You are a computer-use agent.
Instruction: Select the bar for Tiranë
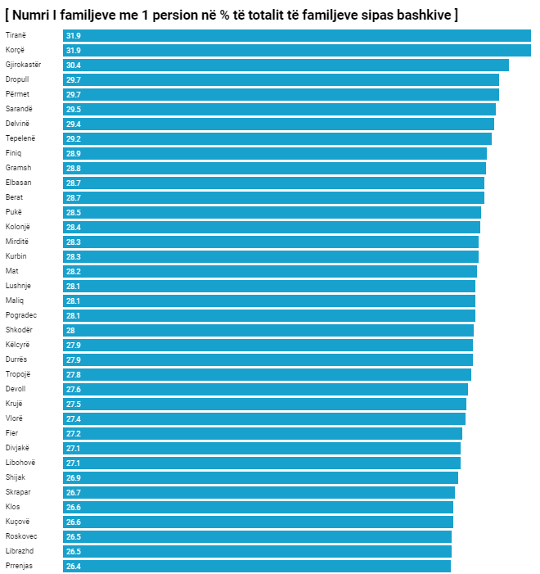coord(296,36)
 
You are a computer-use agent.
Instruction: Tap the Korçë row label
coord(16,50)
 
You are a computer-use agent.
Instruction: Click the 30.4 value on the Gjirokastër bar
coord(74,66)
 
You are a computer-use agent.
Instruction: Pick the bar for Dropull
coord(281,80)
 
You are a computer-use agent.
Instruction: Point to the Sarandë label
coord(19,109)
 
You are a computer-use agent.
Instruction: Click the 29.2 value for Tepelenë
coord(74,139)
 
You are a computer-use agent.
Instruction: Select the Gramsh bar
coord(274,168)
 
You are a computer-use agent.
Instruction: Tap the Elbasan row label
coord(18,183)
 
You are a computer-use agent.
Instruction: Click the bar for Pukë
coord(272,212)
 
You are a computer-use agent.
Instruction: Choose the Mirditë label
coord(17,242)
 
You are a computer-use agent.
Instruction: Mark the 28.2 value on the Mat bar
coord(74,272)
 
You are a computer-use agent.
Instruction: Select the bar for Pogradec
coord(269,315)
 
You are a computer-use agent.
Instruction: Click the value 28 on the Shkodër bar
coord(70,330)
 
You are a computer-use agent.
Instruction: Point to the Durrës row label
coord(16,359)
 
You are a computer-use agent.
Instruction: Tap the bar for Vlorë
coord(264,418)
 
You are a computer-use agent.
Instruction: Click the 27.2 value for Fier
coord(74,433)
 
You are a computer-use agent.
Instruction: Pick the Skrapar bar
coord(259,492)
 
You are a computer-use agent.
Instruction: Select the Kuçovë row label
coord(17,522)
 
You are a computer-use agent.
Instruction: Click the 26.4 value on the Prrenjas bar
coord(74,566)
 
